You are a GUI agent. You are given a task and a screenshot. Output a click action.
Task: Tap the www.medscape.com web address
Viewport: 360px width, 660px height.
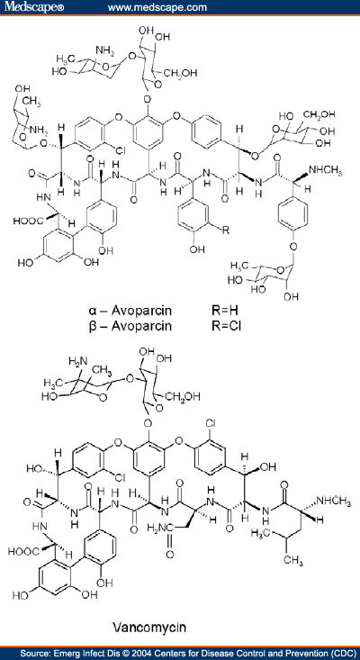click(157, 7)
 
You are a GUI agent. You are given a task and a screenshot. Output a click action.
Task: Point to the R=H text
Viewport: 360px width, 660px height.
click(225, 312)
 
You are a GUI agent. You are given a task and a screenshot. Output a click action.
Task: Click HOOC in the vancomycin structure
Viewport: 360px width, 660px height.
click(27, 550)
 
